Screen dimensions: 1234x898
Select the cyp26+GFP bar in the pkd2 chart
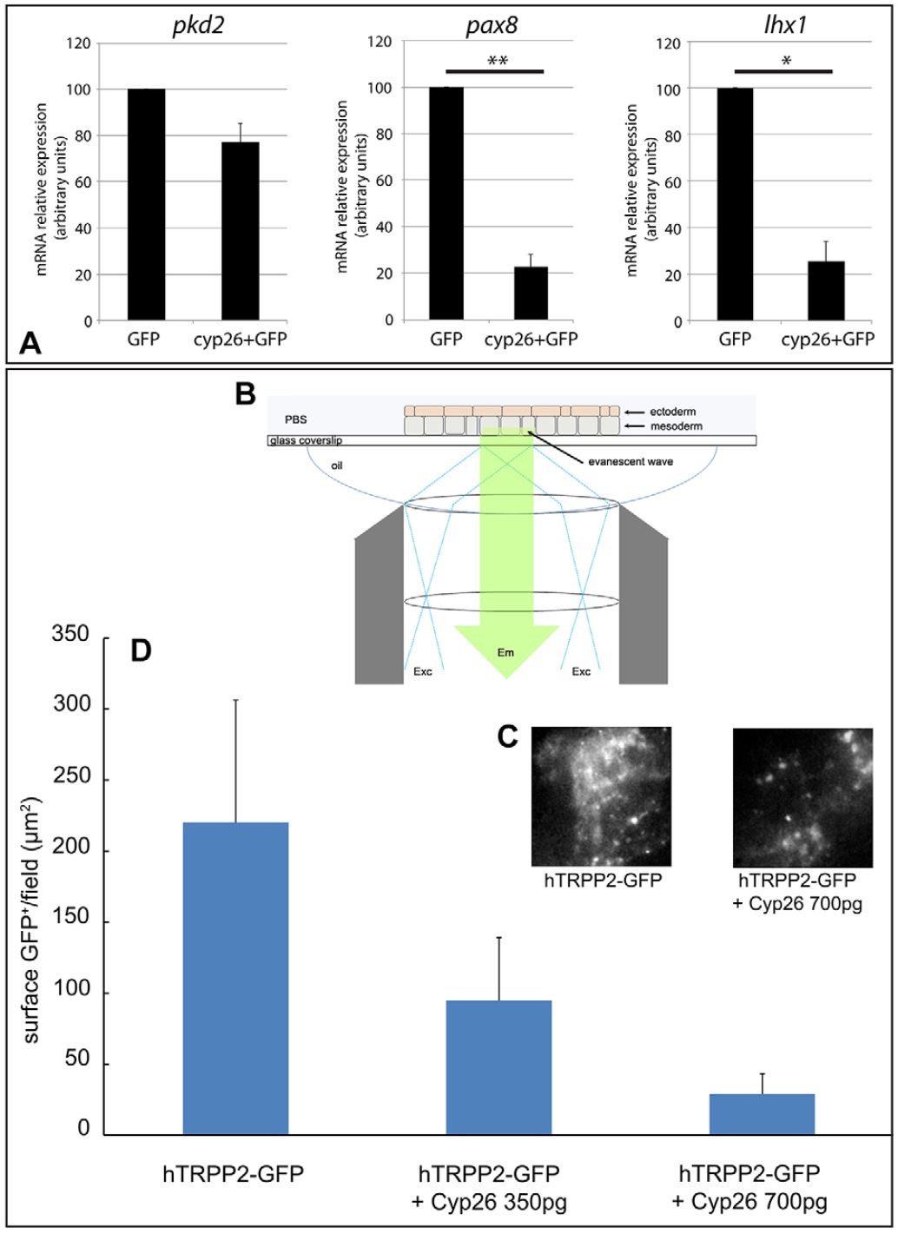coord(240,231)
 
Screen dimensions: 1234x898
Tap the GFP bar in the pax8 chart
coord(446,203)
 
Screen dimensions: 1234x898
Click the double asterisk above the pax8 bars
coord(497,61)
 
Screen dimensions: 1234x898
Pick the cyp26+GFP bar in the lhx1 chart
coord(825,291)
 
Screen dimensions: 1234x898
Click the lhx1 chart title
coord(786,25)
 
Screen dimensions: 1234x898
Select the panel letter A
coord(30,345)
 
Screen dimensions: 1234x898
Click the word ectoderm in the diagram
coord(672,412)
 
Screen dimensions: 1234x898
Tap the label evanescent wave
coord(631,461)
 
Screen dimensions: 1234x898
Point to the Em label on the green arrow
coord(505,652)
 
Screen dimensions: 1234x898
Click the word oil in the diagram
coord(337,466)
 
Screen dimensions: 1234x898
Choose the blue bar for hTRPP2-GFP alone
coord(235,978)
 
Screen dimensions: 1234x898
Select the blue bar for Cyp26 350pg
coord(499,1067)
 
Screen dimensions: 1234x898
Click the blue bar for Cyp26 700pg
coord(762,1114)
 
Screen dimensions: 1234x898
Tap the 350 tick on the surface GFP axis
coord(70,635)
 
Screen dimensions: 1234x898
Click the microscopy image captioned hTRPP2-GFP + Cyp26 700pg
coord(802,796)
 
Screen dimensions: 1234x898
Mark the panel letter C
coord(508,736)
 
